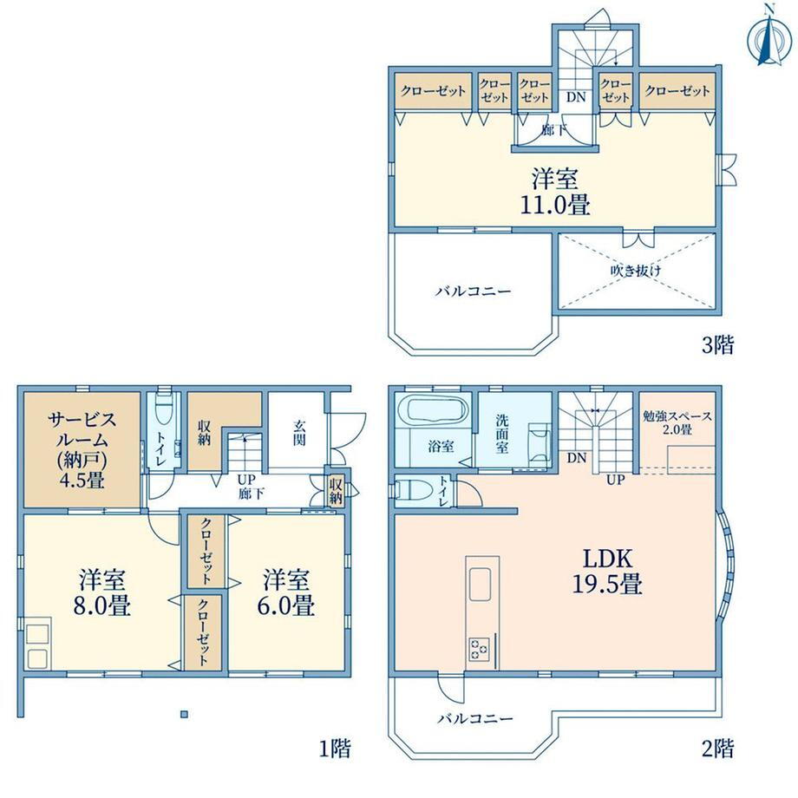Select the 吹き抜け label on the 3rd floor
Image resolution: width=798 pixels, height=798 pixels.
pyautogui.click(x=636, y=271)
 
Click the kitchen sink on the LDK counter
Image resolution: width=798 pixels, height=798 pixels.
pyautogui.click(x=480, y=585)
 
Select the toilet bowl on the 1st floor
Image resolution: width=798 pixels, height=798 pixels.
pyautogui.click(x=164, y=406)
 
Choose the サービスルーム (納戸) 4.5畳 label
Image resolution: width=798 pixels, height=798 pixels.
pyautogui.click(x=82, y=449)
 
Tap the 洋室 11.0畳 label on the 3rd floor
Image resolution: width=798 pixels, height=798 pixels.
pyautogui.click(x=555, y=192)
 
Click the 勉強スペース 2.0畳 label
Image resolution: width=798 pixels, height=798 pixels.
pyautogui.click(x=677, y=422)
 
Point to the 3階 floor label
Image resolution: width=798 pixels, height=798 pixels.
pyautogui.click(x=718, y=345)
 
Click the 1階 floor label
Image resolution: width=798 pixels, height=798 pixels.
pyautogui.click(x=335, y=748)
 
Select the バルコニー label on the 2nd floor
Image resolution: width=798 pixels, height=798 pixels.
pyautogui.click(x=475, y=718)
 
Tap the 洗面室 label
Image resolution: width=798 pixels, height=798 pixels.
pyautogui.click(x=502, y=434)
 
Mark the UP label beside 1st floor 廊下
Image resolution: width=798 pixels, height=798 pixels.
pyautogui.click(x=246, y=480)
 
